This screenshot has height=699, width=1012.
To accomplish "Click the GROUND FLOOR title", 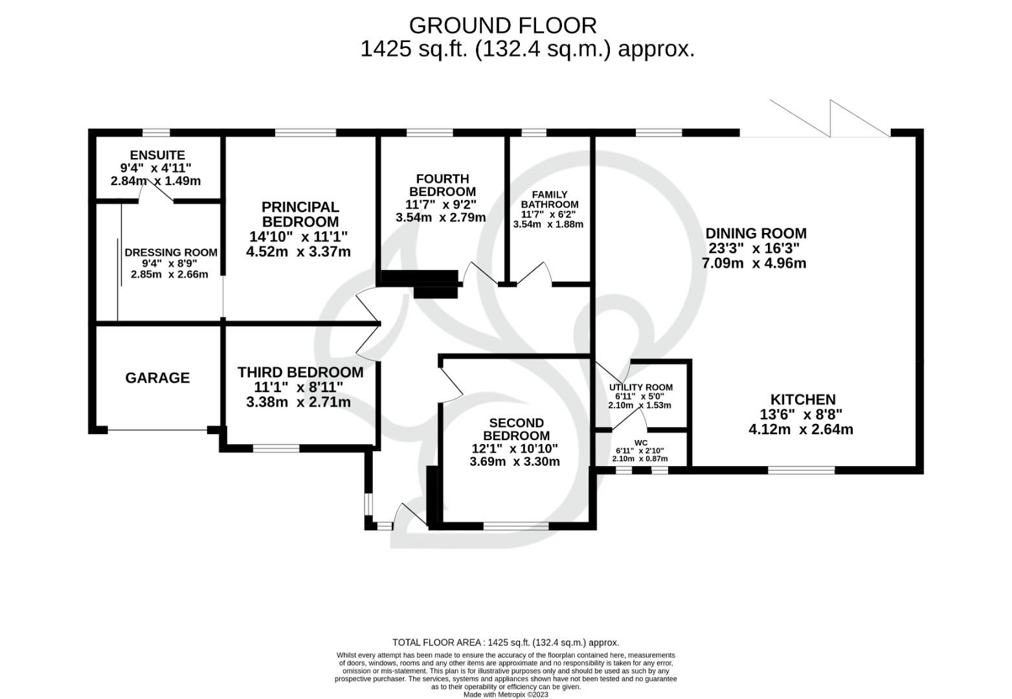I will click(502, 25).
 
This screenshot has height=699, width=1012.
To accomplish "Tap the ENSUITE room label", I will click(157, 155).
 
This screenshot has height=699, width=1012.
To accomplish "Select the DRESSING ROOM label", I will click(171, 252).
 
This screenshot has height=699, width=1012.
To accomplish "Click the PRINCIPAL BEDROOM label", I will click(300, 214).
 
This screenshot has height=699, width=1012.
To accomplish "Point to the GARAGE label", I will click(157, 378).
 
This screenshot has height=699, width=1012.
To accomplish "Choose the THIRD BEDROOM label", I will click(300, 372).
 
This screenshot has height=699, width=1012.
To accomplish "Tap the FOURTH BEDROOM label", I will click(442, 185).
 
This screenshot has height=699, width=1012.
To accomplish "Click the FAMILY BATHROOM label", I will click(549, 199).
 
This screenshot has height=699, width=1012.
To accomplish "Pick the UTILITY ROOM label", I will click(640, 387).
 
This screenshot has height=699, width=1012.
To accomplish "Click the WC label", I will click(640, 443).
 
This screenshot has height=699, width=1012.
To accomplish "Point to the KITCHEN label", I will click(802, 399).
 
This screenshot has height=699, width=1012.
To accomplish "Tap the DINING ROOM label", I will click(756, 233).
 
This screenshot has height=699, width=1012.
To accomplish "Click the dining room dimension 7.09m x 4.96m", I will click(754, 263).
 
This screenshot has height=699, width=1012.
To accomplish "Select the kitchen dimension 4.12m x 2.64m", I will click(800, 429).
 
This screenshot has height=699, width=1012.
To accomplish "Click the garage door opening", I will click(157, 430).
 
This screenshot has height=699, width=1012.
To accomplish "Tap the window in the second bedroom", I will click(515, 526).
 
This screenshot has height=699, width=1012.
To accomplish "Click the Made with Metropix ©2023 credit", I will click(506, 694).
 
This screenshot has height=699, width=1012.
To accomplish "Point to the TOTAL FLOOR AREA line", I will click(506, 643).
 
